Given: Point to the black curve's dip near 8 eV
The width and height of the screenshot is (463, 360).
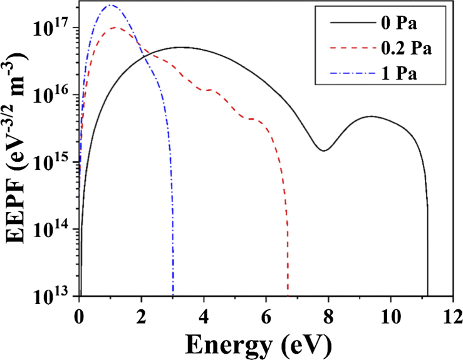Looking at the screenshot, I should click(x=323, y=151).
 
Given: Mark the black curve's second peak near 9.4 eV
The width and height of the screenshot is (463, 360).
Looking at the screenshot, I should click(x=372, y=116).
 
